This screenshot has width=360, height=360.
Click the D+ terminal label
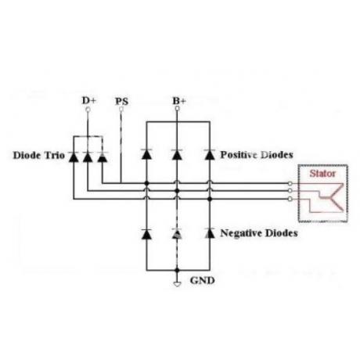89,100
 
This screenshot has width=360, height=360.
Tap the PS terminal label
122,101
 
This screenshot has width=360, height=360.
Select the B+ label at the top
179,101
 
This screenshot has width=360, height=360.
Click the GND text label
203,280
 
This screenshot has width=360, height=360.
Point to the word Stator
322,174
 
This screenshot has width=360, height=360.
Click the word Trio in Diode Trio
55,155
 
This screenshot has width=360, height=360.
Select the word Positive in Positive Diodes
239,155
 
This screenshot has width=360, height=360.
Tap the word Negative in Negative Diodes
241,233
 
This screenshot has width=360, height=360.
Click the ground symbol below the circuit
177,284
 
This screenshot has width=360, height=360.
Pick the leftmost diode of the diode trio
74,157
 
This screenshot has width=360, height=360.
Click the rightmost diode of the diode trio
103,157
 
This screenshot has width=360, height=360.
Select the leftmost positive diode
146,154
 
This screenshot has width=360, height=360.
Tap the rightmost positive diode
210,155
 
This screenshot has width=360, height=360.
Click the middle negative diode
177,233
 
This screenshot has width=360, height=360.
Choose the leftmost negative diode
146,234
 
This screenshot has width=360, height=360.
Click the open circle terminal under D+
88,110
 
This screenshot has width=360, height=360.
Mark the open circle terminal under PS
121,109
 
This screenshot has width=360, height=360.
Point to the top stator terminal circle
290,184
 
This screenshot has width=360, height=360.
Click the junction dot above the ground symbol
177,270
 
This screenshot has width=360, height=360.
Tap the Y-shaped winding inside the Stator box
327,198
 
